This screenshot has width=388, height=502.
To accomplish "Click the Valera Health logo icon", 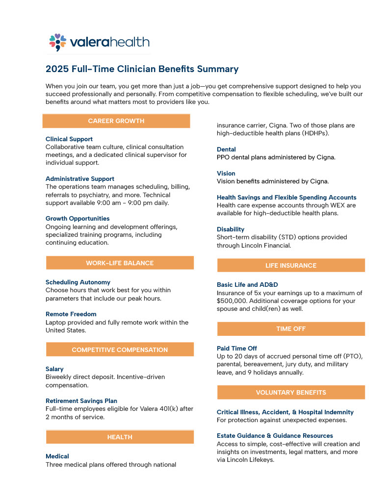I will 57,42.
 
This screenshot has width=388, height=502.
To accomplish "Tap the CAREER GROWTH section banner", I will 116,121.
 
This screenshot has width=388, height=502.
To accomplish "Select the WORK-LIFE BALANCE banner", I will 120,263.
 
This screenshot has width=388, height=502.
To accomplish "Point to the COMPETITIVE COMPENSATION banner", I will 120,350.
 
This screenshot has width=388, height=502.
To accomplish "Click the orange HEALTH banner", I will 120,437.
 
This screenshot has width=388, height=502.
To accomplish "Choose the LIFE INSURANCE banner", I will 291,265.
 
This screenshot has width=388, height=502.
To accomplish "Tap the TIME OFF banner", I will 291,329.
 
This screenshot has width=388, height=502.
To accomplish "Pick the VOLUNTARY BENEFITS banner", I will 291,392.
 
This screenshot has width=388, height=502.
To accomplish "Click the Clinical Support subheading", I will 69,139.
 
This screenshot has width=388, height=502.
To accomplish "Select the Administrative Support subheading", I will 80,179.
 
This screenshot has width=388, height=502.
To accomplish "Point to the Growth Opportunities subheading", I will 78,219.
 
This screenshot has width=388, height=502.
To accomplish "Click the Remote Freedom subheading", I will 71,314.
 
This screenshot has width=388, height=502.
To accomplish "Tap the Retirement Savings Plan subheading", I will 81,401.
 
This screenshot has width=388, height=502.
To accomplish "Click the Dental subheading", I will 226,150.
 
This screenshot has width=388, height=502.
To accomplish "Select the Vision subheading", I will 226,174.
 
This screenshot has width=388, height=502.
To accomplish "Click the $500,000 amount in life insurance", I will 233,301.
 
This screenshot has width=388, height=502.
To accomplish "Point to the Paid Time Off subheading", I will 237,349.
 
